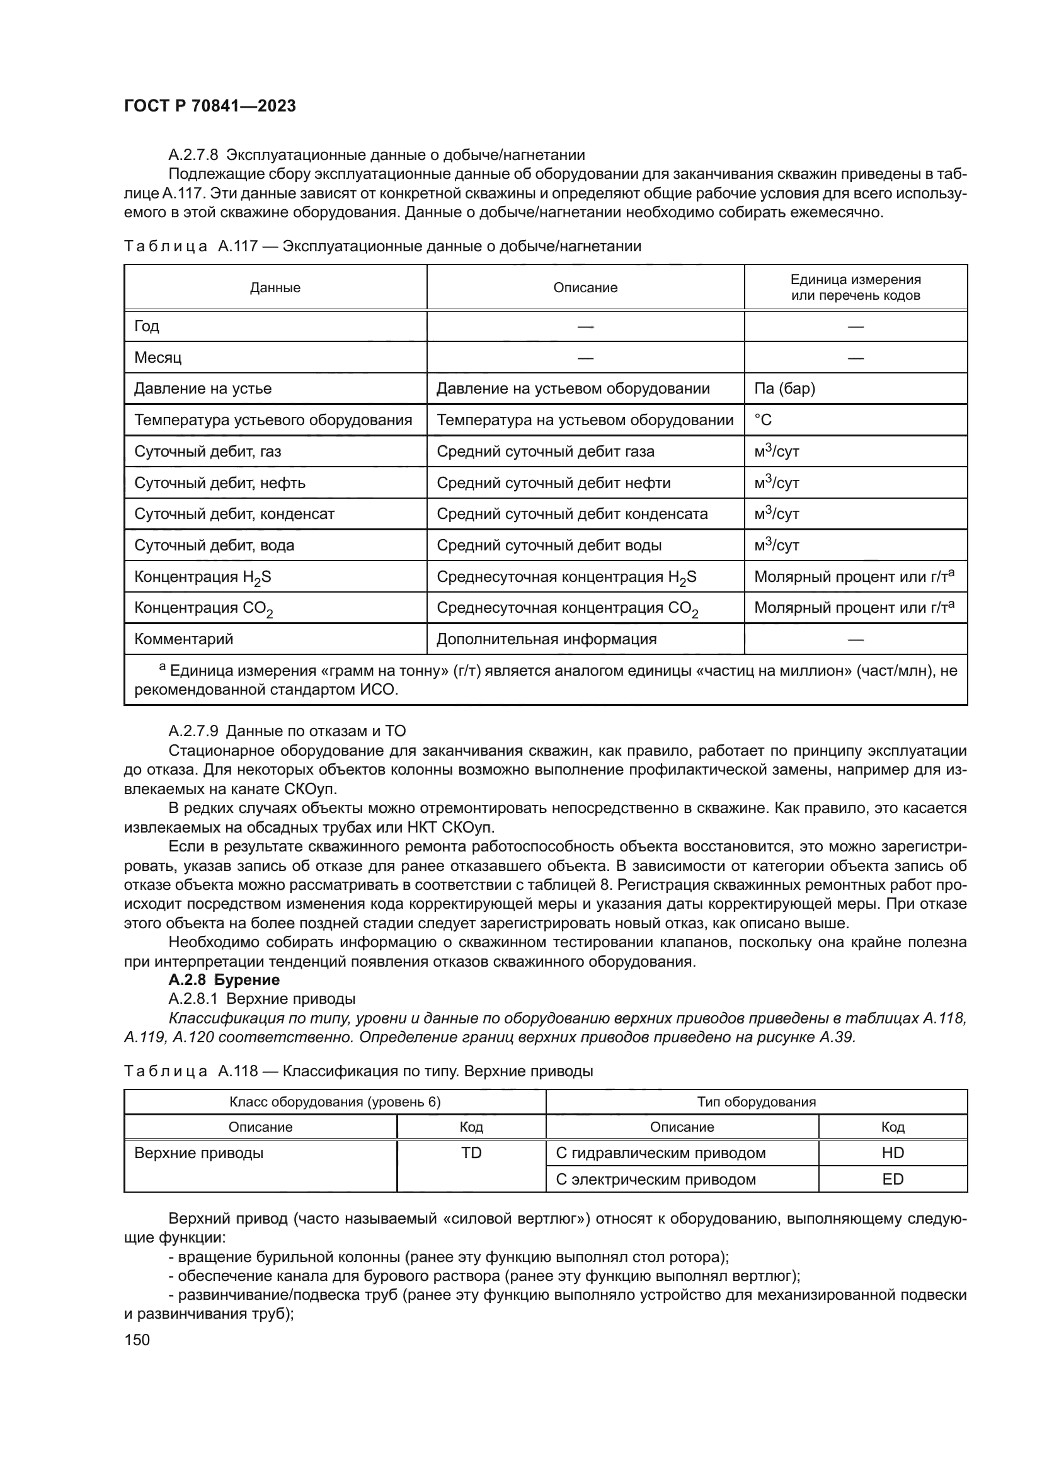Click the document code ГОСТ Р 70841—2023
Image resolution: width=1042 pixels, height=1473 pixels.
tap(210, 106)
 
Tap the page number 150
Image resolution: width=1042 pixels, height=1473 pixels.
tap(137, 1339)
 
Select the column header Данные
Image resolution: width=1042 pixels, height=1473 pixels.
tap(275, 287)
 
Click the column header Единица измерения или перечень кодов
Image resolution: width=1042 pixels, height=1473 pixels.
tap(856, 287)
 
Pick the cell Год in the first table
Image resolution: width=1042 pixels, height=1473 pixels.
tap(147, 326)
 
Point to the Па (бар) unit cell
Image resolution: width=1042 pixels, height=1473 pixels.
tap(784, 388)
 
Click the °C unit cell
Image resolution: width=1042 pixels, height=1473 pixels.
tap(763, 419)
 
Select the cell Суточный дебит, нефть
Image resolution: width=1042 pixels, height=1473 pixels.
tap(219, 482)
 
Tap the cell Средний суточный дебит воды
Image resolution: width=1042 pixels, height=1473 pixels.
tap(549, 545)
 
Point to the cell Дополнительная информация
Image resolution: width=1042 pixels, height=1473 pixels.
tap(547, 639)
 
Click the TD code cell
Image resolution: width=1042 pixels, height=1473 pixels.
tap(471, 1153)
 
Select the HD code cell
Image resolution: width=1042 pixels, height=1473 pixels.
tap(893, 1153)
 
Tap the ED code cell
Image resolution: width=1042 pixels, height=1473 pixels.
tap(893, 1179)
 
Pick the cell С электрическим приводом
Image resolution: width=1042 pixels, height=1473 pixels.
tap(655, 1179)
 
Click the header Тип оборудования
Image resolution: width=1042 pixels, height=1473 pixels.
tap(756, 1102)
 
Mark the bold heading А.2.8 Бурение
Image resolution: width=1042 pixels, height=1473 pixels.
tap(224, 980)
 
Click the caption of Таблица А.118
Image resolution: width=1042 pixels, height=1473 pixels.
tap(358, 1071)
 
